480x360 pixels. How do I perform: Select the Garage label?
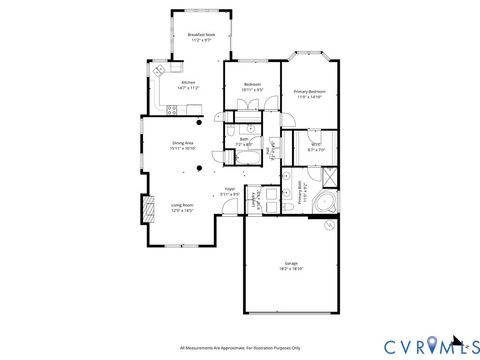[x=291, y=263]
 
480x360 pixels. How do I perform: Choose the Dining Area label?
[x=182, y=144]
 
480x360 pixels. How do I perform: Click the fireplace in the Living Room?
[x=148, y=206]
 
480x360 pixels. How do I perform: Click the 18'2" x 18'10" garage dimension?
[x=291, y=269]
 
